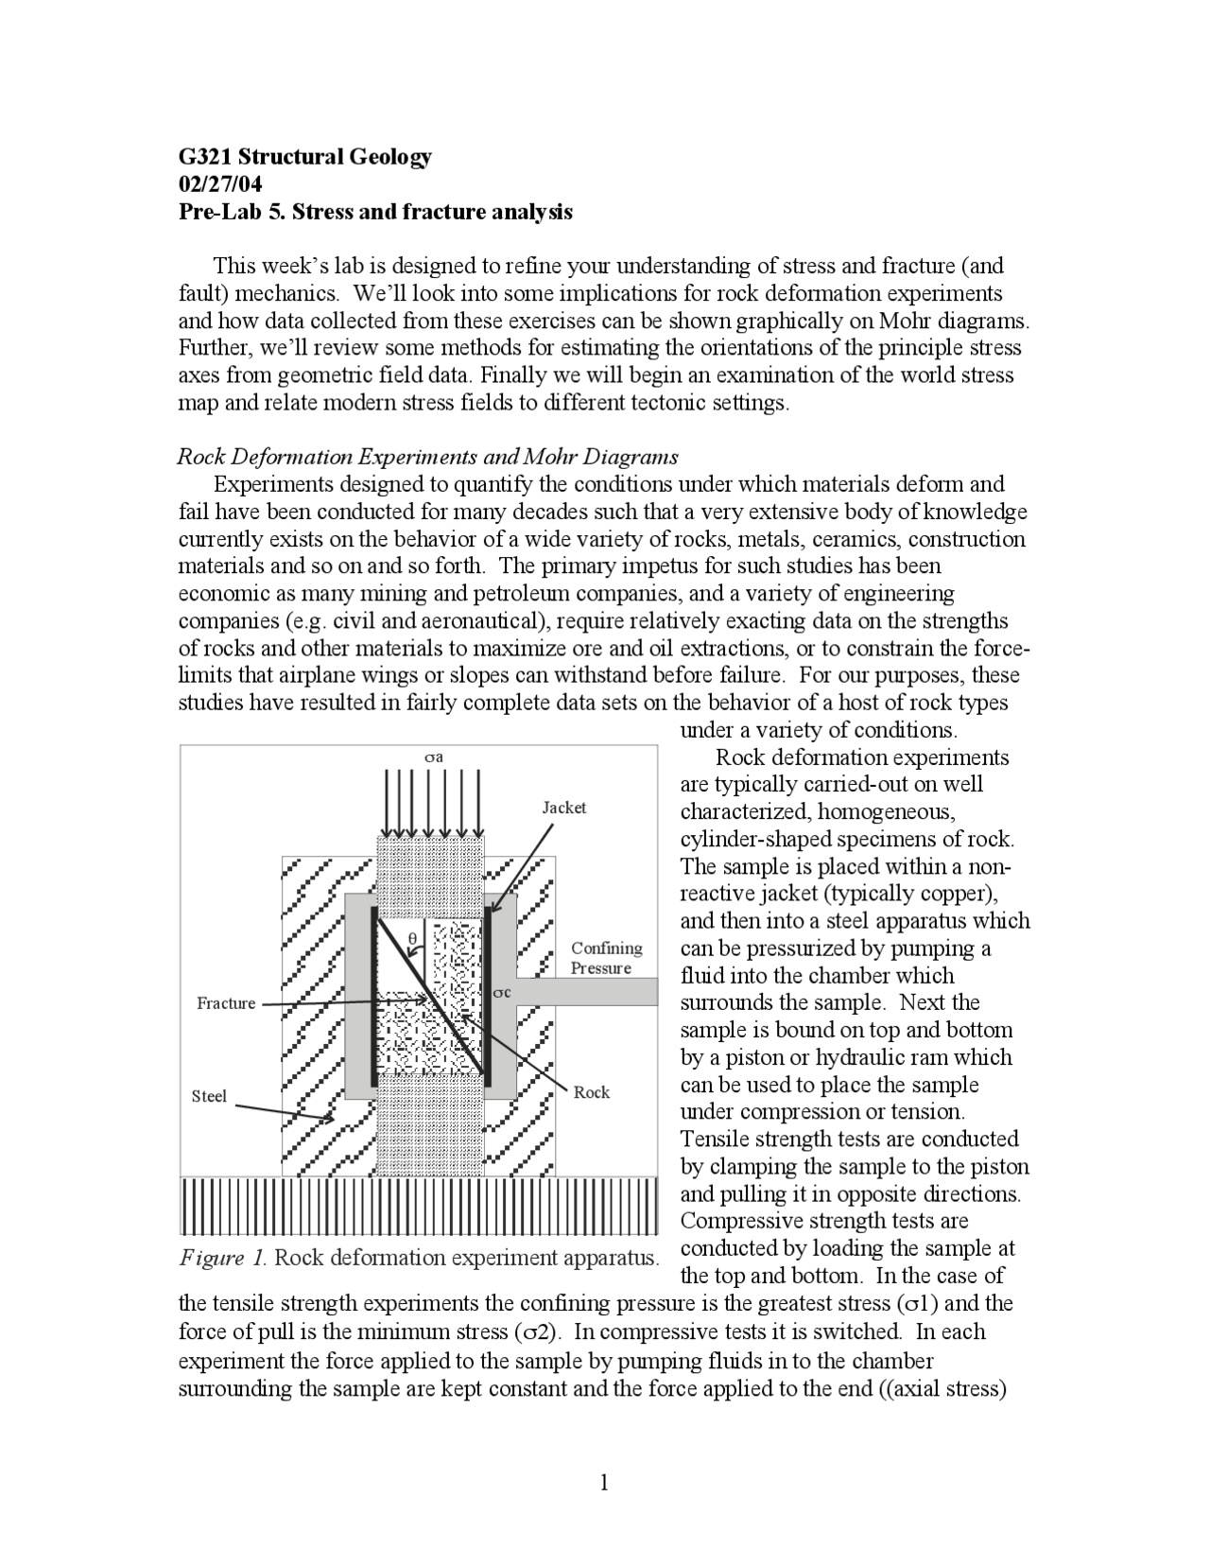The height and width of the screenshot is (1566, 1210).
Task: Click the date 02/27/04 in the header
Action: point(220,183)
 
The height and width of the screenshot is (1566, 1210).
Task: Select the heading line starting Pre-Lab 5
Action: point(375,211)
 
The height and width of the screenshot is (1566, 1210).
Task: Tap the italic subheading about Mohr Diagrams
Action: point(427,457)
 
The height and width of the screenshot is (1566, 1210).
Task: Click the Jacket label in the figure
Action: point(563,808)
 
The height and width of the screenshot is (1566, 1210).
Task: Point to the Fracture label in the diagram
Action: point(226,1003)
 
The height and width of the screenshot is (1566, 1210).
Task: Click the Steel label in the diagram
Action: point(209,1096)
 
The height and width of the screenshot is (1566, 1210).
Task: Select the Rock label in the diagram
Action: point(592,1092)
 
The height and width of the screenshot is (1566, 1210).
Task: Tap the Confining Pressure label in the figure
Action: point(606,958)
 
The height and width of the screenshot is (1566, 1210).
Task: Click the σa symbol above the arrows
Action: point(433,757)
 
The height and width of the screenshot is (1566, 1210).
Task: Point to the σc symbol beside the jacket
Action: point(502,992)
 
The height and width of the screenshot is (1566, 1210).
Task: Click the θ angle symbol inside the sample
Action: point(412,939)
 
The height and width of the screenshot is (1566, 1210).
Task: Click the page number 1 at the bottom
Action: point(604,1482)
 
